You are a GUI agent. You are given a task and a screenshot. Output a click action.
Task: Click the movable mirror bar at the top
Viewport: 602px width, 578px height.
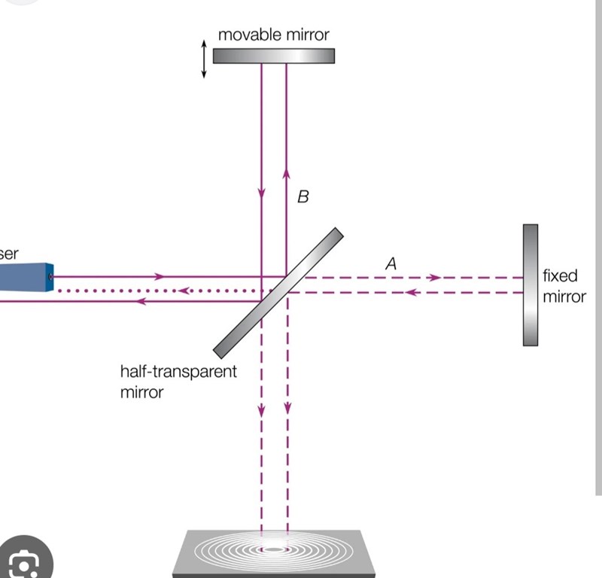point(273,56)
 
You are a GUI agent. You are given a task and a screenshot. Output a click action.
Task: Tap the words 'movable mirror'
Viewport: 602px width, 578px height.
point(273,34)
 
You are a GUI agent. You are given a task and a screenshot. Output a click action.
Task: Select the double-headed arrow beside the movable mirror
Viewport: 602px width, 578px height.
point(203,59)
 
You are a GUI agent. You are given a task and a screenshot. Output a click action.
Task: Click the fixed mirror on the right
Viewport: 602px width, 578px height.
point(531,284)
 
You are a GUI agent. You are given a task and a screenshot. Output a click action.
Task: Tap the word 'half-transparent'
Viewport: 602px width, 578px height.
point(178,372)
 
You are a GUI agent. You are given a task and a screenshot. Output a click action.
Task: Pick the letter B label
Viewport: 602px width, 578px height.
point(303,197)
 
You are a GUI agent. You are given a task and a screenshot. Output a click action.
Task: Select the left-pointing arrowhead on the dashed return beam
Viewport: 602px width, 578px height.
point(410,292)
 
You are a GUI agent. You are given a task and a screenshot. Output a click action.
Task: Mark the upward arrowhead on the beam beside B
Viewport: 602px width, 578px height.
point(287,172)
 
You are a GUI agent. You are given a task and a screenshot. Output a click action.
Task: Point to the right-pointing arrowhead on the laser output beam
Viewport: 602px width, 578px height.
point(159,276)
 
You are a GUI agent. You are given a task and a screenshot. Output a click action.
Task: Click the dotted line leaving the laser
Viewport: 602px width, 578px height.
point(150,291)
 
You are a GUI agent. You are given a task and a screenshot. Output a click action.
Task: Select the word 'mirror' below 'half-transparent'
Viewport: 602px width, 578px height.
point(141,391)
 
